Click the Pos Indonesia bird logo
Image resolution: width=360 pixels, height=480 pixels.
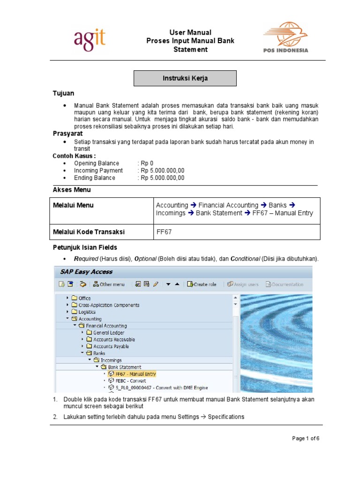pos(285,37)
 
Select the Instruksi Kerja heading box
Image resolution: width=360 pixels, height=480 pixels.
pos(185,78)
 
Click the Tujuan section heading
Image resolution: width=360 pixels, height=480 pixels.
pos(63,94)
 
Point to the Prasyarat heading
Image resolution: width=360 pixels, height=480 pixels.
pos(67,134)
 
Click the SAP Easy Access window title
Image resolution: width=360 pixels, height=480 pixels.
pos(86,271)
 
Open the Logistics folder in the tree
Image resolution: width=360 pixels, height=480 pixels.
pos(87,312)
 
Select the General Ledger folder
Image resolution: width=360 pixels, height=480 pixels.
pos(108,333)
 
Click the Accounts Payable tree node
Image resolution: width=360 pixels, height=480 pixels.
pos(111,346)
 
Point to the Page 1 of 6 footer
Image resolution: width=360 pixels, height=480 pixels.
pos(306,439)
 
